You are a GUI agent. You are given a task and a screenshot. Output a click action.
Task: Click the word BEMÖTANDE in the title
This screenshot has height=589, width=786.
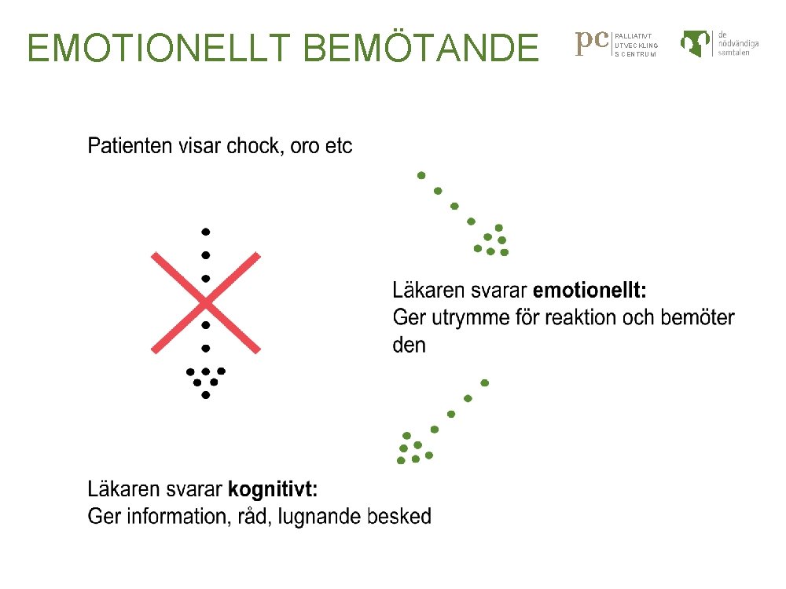pyautogui.click(x=420, y=48)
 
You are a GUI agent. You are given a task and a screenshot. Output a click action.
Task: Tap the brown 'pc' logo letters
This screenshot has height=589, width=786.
pyautogui.click(x=593, y=42)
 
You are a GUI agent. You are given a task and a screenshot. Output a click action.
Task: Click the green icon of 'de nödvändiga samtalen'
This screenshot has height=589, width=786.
pyautogui.click(x=696, y=43)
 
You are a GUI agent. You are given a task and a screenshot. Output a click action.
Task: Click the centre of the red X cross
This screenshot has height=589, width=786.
pyautogui.click(x=205, y=302)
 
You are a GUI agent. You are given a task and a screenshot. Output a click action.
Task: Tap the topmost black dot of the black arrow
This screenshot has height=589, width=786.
pyautogui.click(x=205, y=232)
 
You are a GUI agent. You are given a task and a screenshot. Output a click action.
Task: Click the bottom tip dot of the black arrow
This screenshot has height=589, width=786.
pyautogui.click(x=205, y=395)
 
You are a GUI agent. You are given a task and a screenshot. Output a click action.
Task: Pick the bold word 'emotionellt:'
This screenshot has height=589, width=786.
pyautogui.click(x=589, y=291)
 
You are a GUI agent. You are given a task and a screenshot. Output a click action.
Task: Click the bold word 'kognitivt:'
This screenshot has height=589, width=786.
pyautogui.click(x=273, y=489)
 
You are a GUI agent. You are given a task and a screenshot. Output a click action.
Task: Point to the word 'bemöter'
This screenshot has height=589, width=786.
pyautogui.click(x=697, y=318)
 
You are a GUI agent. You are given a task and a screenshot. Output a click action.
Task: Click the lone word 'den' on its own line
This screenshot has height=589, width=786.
pyautogui.click(x=409, y=345)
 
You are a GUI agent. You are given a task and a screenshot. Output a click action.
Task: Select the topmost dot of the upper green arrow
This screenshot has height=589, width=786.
pyautogui.click(x=421, y=174)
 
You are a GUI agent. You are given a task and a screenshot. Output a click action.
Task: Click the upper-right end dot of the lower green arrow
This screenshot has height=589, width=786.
pyautogui.click(x=485, y=383)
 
